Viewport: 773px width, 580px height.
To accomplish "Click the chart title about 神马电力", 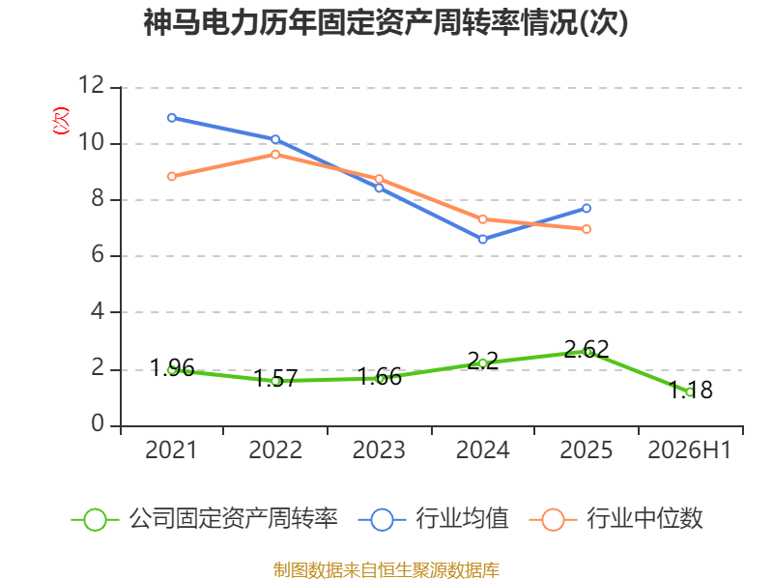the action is tap(386, 23).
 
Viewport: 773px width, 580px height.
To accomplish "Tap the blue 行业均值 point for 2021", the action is tap(172, 118).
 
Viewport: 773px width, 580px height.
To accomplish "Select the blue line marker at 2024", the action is tap(482, 239).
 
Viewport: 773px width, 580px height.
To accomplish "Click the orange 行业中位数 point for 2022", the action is tap(275, 155).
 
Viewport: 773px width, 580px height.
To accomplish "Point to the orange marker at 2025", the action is tap(587, 229).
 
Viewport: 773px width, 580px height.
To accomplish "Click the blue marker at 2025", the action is tap(587, 208).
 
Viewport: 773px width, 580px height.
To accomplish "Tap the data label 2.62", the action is tap(587, 349).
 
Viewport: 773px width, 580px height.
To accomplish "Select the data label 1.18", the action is tap(690, 390).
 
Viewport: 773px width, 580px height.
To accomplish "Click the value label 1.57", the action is tap(275, 379).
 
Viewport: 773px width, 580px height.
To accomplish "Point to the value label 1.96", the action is tap(172, 368).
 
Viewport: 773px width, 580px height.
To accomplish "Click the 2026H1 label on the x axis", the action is tap(689, 449).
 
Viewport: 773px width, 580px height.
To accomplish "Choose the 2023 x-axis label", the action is tap(379, 449).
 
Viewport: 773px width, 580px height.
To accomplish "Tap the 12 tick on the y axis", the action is tap(92, 85).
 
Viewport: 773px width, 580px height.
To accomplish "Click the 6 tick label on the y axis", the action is tap(98, 254).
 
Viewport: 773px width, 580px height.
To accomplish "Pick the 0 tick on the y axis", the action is tap(98, 423).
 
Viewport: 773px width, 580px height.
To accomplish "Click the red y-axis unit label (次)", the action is tap(61, 120).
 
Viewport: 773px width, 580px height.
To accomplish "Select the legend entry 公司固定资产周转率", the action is tap(205, 519).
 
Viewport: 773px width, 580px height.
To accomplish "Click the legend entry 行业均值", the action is tap(433, 519).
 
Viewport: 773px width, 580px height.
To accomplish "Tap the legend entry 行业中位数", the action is tap(616, 519).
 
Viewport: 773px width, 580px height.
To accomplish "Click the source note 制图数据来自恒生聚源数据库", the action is tap(386, 570).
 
